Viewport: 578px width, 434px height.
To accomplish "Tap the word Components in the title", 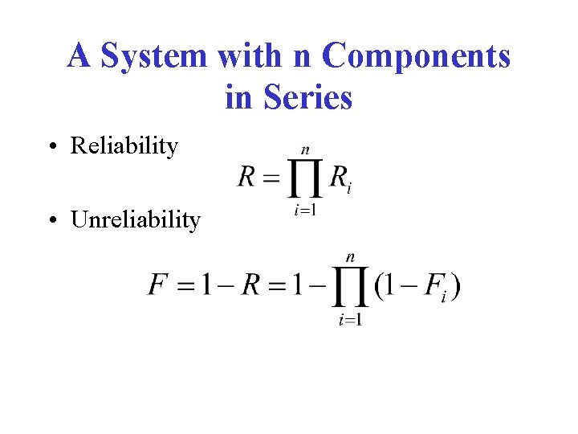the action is click(x=416, y=56).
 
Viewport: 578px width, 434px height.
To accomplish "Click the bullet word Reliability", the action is click(x=124, y=145).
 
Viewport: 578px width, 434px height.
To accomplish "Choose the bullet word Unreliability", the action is click(x=136, y=219).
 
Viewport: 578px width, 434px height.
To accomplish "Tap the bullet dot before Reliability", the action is click(x=51, y=147).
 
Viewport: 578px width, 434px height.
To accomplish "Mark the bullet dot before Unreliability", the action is click(x=51, y=220).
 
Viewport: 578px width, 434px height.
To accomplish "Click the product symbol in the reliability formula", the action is click(x=305, y=178).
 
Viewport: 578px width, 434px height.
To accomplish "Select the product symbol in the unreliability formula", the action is click(x=350, y=286).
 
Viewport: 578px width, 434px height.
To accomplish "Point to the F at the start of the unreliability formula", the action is click(x=157, y=285).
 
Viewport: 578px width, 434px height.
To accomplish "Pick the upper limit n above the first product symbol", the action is click(x=305, y=150).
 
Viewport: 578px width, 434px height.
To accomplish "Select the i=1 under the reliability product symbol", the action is click(x=304, y=211).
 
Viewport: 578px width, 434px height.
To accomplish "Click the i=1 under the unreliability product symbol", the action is click(x=350, y=320).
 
